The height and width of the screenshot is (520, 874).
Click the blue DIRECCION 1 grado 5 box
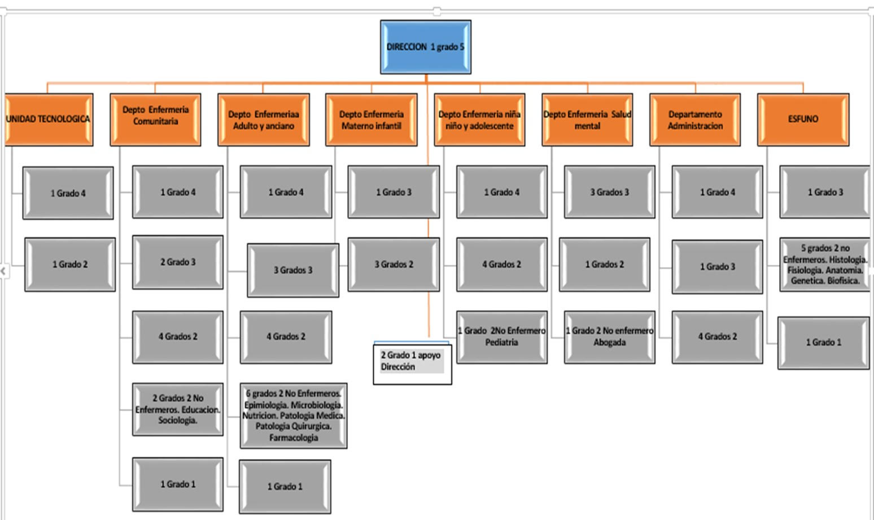tap(425, 47)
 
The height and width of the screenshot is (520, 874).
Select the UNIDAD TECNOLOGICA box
tap(49, 119)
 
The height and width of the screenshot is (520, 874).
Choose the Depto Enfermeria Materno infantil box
tap(371, 120)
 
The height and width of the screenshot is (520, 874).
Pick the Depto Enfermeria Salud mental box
tap(587, 120)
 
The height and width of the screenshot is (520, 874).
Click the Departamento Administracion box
tap(695, 120)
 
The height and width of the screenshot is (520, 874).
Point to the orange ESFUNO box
tap(803, 119)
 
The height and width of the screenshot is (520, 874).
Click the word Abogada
tap(609, 343)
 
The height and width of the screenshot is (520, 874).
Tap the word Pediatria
tap(501, 343)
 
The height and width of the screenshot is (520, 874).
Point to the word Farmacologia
tap(294, 438)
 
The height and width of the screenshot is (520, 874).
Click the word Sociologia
tap(177, 421)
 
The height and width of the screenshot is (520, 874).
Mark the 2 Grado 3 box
tap(178, 262)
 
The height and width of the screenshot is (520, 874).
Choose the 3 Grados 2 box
tap(394, 264)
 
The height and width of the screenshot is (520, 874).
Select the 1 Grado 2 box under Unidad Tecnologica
tap(70, 264)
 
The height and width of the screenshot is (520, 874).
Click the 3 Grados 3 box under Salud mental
tap(609, 192)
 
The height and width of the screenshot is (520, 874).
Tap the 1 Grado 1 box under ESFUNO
tap(823, 342)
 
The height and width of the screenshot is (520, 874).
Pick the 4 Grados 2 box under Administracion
tap(717, 337)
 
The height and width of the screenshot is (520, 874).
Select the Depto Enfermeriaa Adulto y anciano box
tap(264, 120)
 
